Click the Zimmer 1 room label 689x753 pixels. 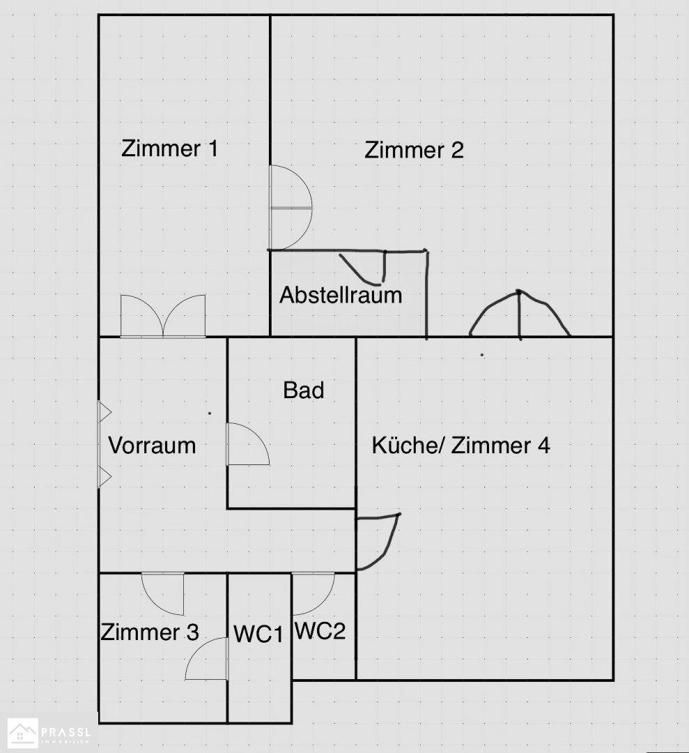(x=169, y=149)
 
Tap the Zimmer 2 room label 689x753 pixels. (x=414, y=150)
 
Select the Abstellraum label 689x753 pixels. (x=341, y=295)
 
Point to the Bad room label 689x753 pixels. (x=304, y=390)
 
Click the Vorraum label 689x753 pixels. (x=152, y=445)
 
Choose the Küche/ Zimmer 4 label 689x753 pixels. (x=460, y=445)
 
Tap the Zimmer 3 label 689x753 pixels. (x=150, y=632)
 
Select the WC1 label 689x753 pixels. (x=258, y=634)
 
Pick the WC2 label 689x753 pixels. (x=320, y=631)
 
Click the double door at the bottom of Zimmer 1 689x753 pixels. (x=163, y=317)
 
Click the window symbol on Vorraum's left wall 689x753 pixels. (x=104, y=445)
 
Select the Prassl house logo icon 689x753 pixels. (x=22, y=734)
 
